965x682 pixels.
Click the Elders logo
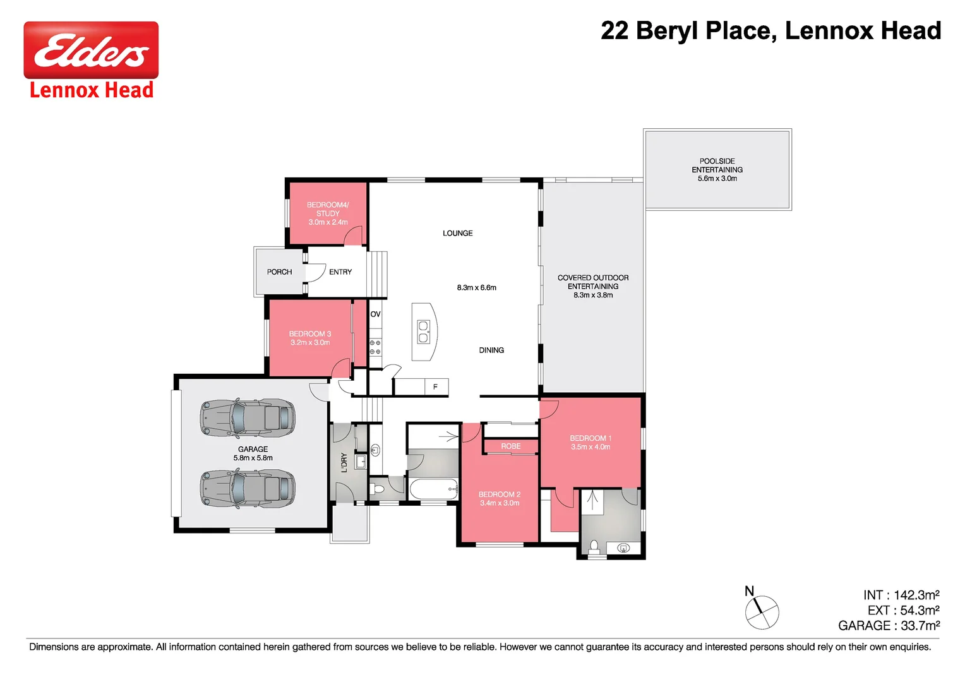tap(91, 51)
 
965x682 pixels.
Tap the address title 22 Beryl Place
tap(770, 30)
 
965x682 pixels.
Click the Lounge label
tap(457, 233)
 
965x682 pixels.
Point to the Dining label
tap(491, 350)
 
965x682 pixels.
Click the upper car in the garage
tap(248, 417)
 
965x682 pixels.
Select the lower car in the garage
tap(248, 488)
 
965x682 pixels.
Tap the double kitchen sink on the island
tap(423, 332)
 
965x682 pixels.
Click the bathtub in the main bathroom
tap(433, 489)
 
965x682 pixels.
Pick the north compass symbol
tap(762, 611)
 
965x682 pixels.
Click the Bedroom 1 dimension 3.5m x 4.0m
tap(590, 447)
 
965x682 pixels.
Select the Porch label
tap(279, 272)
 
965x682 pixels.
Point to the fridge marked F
tap(435, 386)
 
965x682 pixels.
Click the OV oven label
tap(375, 314)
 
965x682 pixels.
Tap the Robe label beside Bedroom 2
tap(511, 446)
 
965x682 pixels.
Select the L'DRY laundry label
tap(344, 462)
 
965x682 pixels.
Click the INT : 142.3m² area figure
tap(901, 595)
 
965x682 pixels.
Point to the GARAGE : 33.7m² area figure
tap(889, 625)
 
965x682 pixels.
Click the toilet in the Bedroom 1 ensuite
tap(594, 546)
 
